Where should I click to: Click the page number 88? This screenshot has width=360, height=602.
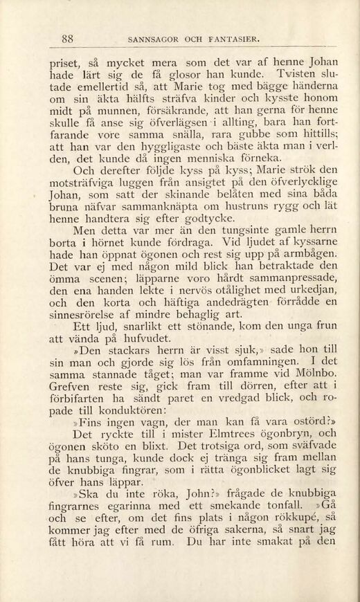pyautogui.click(x=67, y=38)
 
